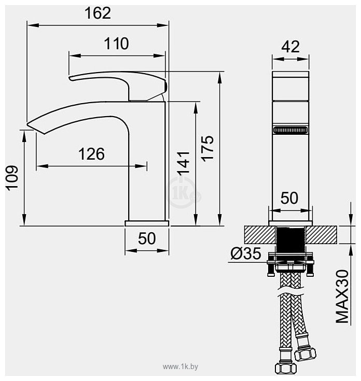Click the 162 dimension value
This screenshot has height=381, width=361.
tap(98, 13)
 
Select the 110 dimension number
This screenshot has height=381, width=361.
tap(117, 44)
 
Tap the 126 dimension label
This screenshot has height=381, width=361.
tap(91, 154)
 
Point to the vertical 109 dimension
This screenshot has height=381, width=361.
tap(12, 178)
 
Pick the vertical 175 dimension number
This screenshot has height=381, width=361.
tap(207, 149)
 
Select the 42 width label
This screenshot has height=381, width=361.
tap(290, 47)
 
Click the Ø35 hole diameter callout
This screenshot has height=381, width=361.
tap(246, 253)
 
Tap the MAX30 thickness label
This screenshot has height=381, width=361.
tap(342, 297)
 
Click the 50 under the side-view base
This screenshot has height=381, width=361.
tap(147, 238)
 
